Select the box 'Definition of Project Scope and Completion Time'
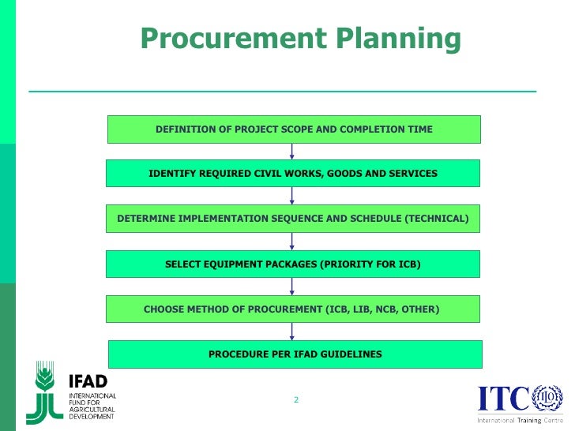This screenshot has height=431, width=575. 294,129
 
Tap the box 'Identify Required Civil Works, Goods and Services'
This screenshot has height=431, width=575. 293,173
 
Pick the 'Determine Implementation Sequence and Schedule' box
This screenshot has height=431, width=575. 293,218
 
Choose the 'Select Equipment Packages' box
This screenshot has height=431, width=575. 293,264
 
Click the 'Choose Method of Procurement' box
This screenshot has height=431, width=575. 293,309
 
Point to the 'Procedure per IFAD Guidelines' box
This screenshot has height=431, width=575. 295,354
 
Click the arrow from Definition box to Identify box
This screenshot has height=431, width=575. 292,151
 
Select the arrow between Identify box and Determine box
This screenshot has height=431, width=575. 292,196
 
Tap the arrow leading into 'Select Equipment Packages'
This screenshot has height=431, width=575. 292,241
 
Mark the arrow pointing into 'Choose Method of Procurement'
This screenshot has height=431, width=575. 292,287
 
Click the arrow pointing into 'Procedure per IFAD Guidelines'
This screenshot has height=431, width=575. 292,332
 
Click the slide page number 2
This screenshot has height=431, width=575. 296,400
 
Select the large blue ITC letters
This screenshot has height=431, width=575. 503,399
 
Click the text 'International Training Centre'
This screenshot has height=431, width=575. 520,420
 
